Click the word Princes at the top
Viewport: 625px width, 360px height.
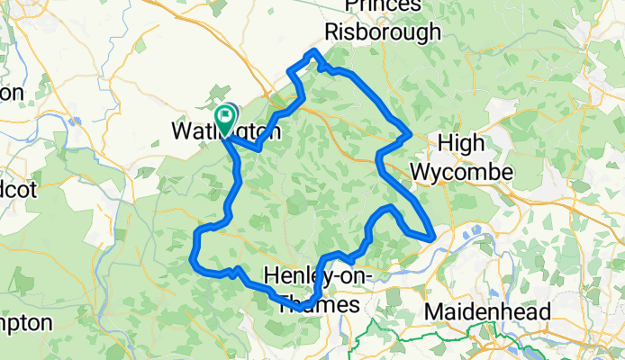tap(384, 6)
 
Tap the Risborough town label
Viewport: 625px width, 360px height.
tap(383, 32)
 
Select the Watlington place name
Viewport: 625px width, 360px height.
tap(225, 131)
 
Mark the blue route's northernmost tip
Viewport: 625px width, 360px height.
tap(313, 51)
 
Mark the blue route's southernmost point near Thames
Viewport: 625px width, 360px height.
tap(299, 309)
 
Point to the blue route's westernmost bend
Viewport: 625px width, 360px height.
tap(193, 261)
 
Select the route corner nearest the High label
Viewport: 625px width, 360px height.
tap(410, 135)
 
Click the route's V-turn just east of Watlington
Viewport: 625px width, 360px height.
tap(258, 148)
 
